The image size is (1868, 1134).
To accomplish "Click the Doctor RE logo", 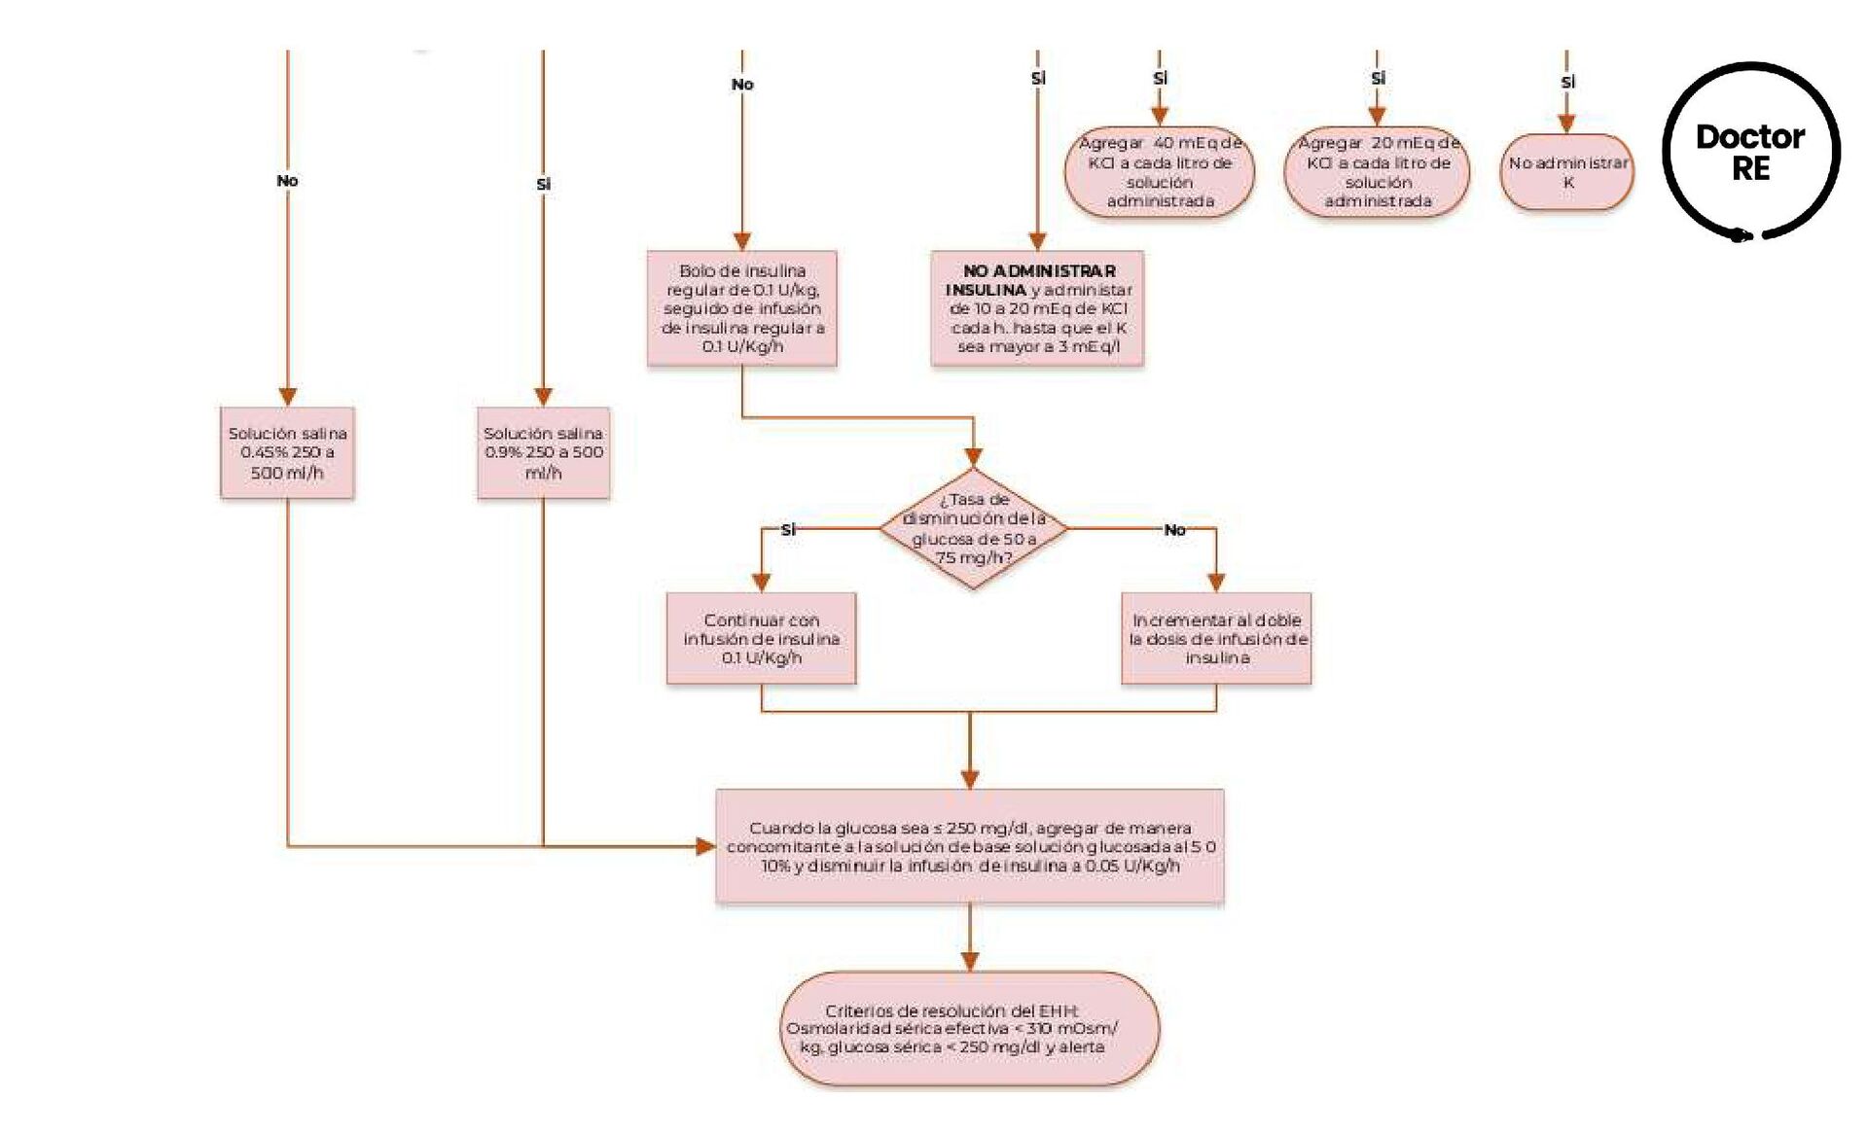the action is [1750, 152].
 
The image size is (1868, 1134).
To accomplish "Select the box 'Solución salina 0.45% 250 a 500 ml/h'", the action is [287, 453].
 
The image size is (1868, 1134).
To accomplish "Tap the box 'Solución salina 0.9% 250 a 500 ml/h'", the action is [543, 453].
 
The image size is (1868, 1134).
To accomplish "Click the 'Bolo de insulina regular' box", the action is [741, 308].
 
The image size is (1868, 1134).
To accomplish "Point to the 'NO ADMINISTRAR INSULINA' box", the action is [1037, 308].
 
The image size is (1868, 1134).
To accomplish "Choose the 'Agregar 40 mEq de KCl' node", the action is [1160, 172].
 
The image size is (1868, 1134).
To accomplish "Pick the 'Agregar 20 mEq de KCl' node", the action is [1377, 172].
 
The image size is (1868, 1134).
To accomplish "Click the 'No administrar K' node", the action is [1566, 172].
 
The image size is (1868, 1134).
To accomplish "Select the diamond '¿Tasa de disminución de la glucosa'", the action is [973, 528].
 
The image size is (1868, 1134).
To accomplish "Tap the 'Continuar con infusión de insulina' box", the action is [761, 639].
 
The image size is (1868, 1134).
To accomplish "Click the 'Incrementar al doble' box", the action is [1216, 639].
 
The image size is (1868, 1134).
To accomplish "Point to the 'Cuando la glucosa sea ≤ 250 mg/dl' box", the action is [970, 846].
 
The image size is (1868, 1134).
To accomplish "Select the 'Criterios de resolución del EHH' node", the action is [970, 1029].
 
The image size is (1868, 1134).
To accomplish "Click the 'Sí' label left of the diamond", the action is [788, 529].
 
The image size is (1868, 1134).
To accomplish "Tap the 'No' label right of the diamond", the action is [1174, 530].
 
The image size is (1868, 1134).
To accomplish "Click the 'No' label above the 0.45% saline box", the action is [287, 181].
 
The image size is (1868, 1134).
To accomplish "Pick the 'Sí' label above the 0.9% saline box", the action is [543, 184].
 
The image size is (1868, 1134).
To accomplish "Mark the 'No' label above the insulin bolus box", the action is [742, 85].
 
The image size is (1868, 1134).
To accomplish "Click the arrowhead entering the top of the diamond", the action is [973, 457].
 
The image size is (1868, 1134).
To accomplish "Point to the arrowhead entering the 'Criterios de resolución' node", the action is [970, 961].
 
